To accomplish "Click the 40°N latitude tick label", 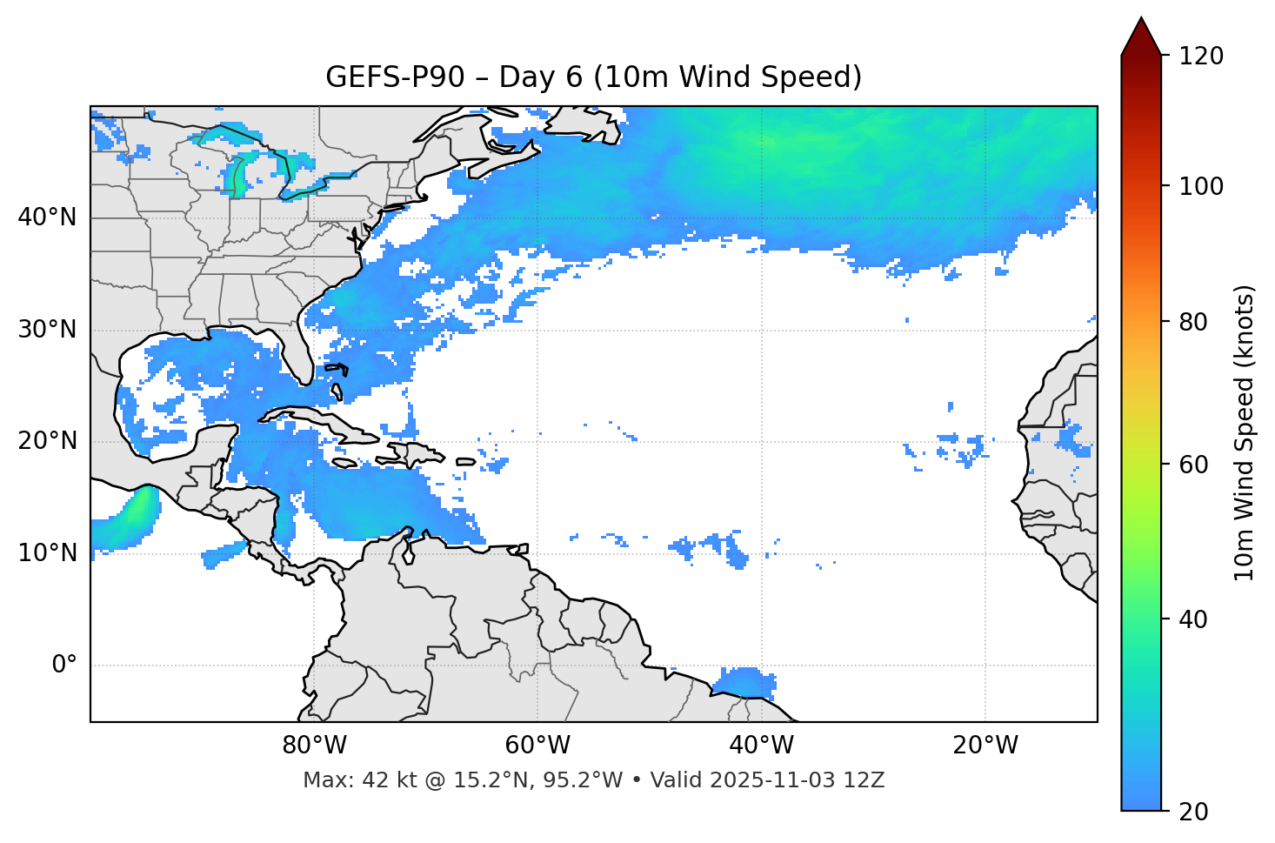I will [47, 217].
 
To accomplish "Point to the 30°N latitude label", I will [47, 330].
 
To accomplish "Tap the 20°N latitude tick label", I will [47, 441].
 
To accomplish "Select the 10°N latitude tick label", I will [47, 553].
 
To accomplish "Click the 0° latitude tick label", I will [63, 666].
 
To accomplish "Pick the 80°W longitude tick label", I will [314, 746].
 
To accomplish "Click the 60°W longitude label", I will [537, 746].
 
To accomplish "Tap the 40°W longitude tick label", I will [761, 746].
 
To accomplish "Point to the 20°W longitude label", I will [985, 746].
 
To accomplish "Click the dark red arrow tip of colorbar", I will [1141, 35].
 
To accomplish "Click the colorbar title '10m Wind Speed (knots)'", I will [1245, 433].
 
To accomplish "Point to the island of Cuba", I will [322, 421].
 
